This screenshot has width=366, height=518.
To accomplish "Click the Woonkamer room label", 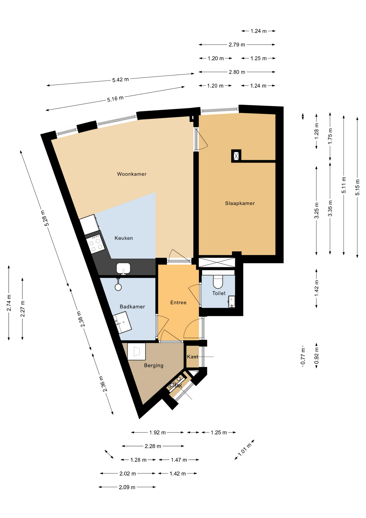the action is click(132, 174).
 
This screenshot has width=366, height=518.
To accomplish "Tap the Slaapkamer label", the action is click(240, 203).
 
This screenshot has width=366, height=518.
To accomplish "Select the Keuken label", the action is click(124, 238).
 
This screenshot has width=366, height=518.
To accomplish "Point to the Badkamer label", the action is click(132, 307).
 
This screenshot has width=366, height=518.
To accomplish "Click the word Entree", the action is click(178, 303).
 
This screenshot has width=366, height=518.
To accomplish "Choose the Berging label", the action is click(154, 366).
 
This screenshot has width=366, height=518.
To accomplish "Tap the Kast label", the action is click(192, 357).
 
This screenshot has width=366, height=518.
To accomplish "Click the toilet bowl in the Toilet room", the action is click(218, 282).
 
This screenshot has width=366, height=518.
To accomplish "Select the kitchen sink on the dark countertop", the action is click(123, 269).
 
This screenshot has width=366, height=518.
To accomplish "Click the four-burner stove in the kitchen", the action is click(96, 244).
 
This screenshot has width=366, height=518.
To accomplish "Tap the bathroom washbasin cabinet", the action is click(122, 322).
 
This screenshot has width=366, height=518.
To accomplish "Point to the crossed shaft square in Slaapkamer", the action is click(236, 156).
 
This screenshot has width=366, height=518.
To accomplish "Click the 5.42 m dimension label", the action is click(120, 80).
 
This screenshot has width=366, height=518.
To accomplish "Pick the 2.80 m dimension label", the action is click(237, 72).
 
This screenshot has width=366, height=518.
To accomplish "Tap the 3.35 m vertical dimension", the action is click(330, 208).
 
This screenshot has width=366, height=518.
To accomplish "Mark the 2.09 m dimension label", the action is click(127, 487).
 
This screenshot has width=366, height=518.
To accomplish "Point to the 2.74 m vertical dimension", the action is click(9, 302).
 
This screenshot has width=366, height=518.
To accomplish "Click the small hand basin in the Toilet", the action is click(232, 302).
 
